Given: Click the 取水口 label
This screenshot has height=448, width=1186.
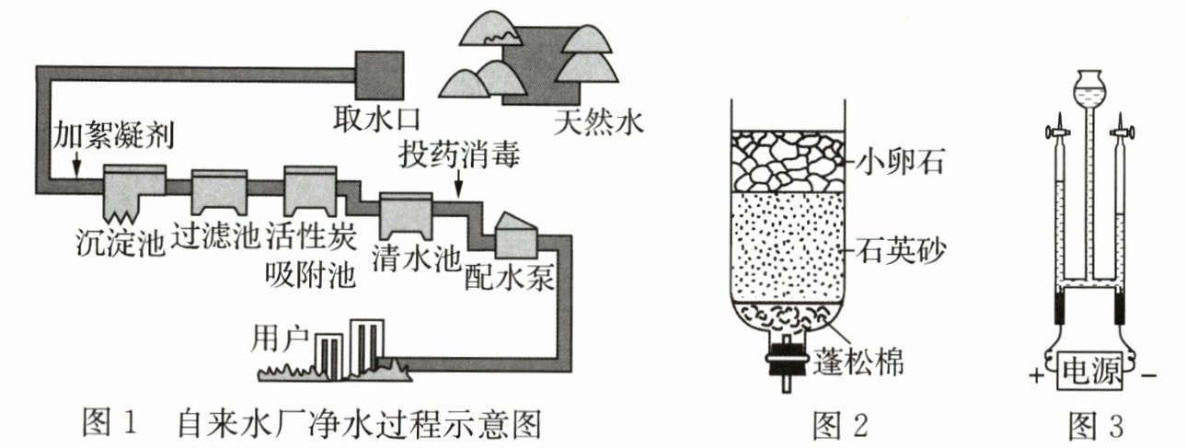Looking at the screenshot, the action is [376, 120].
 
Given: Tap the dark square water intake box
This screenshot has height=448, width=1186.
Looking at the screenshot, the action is [379, 75].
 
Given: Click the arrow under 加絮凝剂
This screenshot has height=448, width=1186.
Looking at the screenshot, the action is [76, 164].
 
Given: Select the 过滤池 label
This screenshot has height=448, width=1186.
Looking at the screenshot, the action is [215, 237].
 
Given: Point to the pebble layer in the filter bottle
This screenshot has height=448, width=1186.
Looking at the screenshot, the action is [788, 162].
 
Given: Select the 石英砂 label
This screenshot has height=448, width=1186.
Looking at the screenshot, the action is [900, 250].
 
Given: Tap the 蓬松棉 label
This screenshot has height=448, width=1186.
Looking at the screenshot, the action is [858, 362].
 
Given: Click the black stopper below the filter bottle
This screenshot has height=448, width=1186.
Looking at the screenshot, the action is [788, 362].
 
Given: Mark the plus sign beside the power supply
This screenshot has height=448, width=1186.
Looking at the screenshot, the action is [1037, 375].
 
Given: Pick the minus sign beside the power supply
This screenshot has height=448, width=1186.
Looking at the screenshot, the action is [1148, 376].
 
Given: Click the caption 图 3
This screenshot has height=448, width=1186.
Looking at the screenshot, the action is [1095, 425].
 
